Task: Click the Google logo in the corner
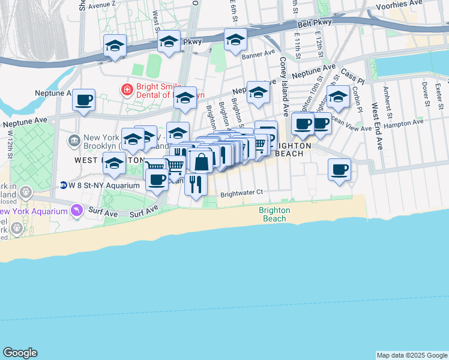pyautogui.click(x=20, y=353)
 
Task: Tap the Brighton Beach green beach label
pyautogui.click(x=275, y=214)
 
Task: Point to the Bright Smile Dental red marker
pyautogui.click(x=127, y=90)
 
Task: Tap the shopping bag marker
pyautogui.click(x=202, y=161)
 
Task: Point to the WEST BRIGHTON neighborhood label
pyautogui.click(x=96, y=161)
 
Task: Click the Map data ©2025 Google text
pyautogui.click(x=411, y=355)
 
